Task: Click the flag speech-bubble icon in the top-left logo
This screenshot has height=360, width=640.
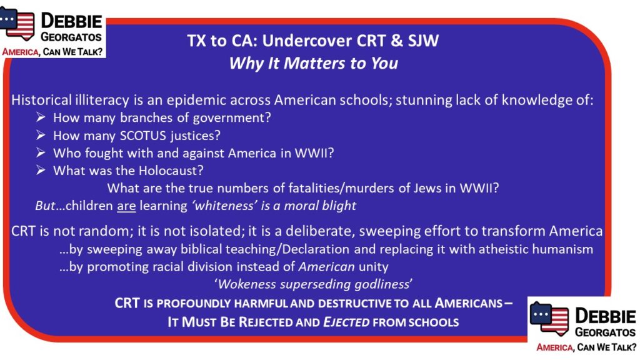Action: [17, 23]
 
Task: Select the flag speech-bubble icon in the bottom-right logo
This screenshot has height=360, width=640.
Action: [549, 318]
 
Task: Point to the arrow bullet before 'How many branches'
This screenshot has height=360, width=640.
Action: [41, 117]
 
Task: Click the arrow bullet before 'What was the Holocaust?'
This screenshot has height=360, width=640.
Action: [41, 170]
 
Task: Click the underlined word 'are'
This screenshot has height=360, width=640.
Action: [126, 206]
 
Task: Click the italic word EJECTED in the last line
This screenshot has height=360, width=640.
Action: [346, 322]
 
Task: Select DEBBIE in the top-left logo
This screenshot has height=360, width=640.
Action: [71, 21]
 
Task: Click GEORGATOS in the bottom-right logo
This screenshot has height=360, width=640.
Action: [605, 332]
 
